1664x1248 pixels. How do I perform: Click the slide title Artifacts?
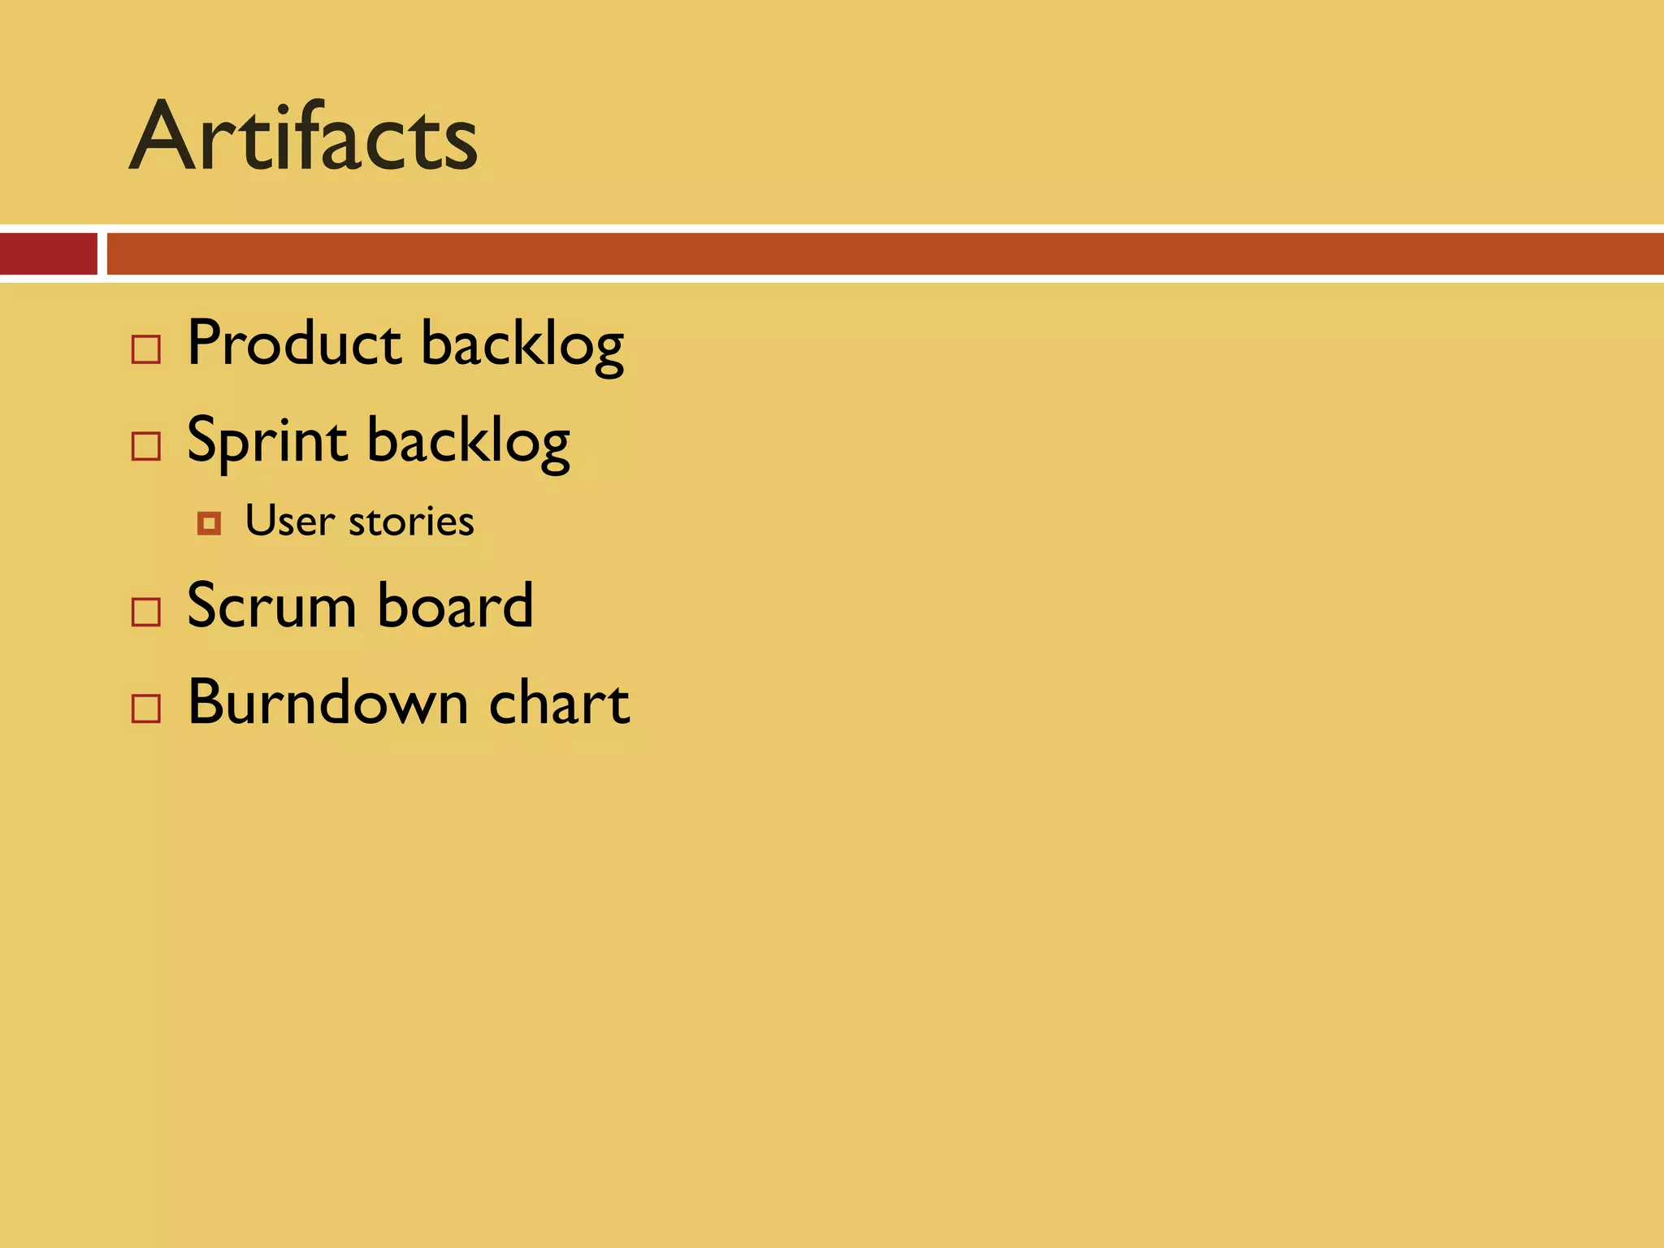click(303, 136)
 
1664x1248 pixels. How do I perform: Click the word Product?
click(294, 344)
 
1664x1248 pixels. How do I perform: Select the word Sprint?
click(267, 441)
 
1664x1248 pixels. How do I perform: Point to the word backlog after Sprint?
click(468, 443)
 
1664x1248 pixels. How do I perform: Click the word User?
click(290, 521)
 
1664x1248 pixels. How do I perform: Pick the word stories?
click(411, 521)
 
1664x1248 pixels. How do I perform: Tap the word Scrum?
click(271, 606)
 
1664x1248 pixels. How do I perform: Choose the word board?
click(455, 606)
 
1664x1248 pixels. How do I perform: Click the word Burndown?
click(327, 702)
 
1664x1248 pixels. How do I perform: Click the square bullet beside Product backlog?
click(146, 349)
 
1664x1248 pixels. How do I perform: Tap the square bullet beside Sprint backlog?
click(146, 446)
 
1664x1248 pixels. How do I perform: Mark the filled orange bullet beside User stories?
click(209, 524)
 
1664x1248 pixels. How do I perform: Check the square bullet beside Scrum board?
click(146, 612)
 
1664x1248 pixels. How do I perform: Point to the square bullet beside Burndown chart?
click(146, 708)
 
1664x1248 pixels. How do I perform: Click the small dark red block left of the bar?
click(48, 253)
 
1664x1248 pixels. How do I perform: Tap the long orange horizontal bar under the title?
click(884, 253)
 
